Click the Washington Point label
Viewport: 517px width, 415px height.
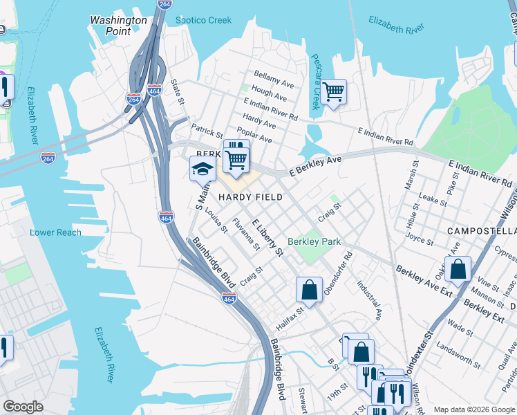pyautogui.click(x=118, y=26)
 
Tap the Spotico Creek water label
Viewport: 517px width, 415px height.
pyautogui.click(x=203, y=20)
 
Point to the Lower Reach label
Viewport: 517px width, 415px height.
pyautogui.click(x=55, y=232)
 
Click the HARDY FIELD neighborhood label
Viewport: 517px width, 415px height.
pyautogui.click(x=250, y=197)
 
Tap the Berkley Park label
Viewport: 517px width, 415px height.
pyautogui.click(x=314, y=242)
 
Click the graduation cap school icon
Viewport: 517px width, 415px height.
pyautogui.click(x=203, y=169)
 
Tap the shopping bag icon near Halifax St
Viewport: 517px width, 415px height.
pyautogui.click(x=310, y=288)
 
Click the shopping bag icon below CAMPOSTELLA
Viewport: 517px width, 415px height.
pyautogui.click(x=458, y=268)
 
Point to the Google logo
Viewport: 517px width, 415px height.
pyautogui.click(x=23, y=407)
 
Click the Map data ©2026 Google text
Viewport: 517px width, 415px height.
pyautogui.click(x=474, y=409)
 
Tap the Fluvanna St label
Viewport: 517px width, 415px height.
pyautogui.click(x=245, y=233)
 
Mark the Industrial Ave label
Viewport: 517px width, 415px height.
pyautogui.click(x=369, y=299)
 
